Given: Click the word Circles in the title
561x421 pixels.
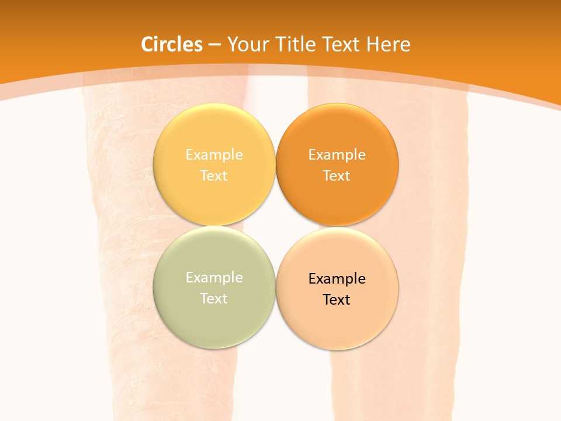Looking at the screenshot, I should (x=172, y=44).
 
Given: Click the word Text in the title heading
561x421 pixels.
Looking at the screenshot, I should (x=341, y=44).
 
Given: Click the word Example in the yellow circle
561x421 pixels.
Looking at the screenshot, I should (x=214, y=155).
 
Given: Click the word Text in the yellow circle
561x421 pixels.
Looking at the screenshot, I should (x=214, y=175).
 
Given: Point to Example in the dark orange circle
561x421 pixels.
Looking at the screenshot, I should (x=337, y=155).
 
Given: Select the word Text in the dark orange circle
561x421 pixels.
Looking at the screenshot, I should (x=337, y=175).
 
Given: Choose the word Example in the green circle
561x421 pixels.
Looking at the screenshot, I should (x=214, y=278).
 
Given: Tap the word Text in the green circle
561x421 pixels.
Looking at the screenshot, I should (x=214, y=298).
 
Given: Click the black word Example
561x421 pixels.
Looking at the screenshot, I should (x=337, y=279).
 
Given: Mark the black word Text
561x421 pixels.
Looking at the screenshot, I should (x=337, y=299).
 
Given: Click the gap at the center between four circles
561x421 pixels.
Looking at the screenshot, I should (x=275, y=226).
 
